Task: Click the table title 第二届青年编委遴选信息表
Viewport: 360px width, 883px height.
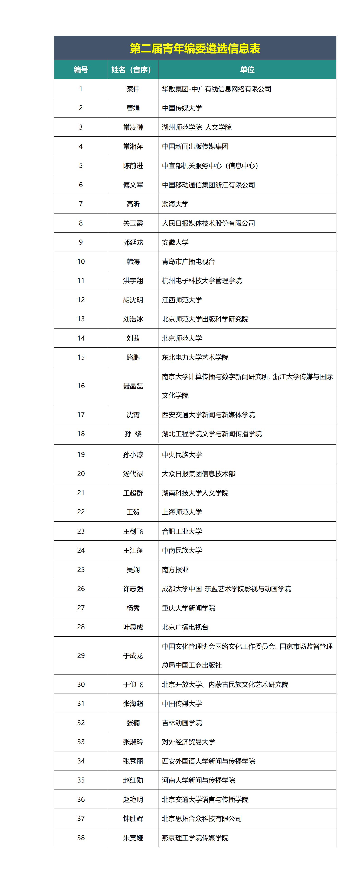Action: click(195, 48)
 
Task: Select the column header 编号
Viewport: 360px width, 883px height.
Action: click(81, 70)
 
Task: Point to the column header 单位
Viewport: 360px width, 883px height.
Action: click(247, 70)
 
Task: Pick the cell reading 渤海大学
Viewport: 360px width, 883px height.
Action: click(175, 204)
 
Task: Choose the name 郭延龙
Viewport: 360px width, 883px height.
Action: click(133, 242)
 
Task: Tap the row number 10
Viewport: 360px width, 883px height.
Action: click(81, 262)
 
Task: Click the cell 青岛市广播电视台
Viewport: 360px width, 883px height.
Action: click(188, 262)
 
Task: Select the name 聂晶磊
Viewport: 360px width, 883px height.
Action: click(133, 386)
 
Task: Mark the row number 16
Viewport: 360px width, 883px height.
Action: click(81, 386)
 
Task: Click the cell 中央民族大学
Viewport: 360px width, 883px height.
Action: click(182, 454)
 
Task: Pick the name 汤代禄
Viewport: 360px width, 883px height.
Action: click(133, 474)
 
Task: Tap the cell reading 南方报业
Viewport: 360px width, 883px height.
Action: click(175, 570)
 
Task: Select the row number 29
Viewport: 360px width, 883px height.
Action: click(81, 656)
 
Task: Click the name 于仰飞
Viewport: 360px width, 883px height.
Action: click(133, 684)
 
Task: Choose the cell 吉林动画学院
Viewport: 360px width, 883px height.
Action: click(182, 723)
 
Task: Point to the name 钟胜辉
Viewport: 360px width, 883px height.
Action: click(133, 819)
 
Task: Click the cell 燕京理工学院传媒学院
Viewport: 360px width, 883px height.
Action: click(195, 838)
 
